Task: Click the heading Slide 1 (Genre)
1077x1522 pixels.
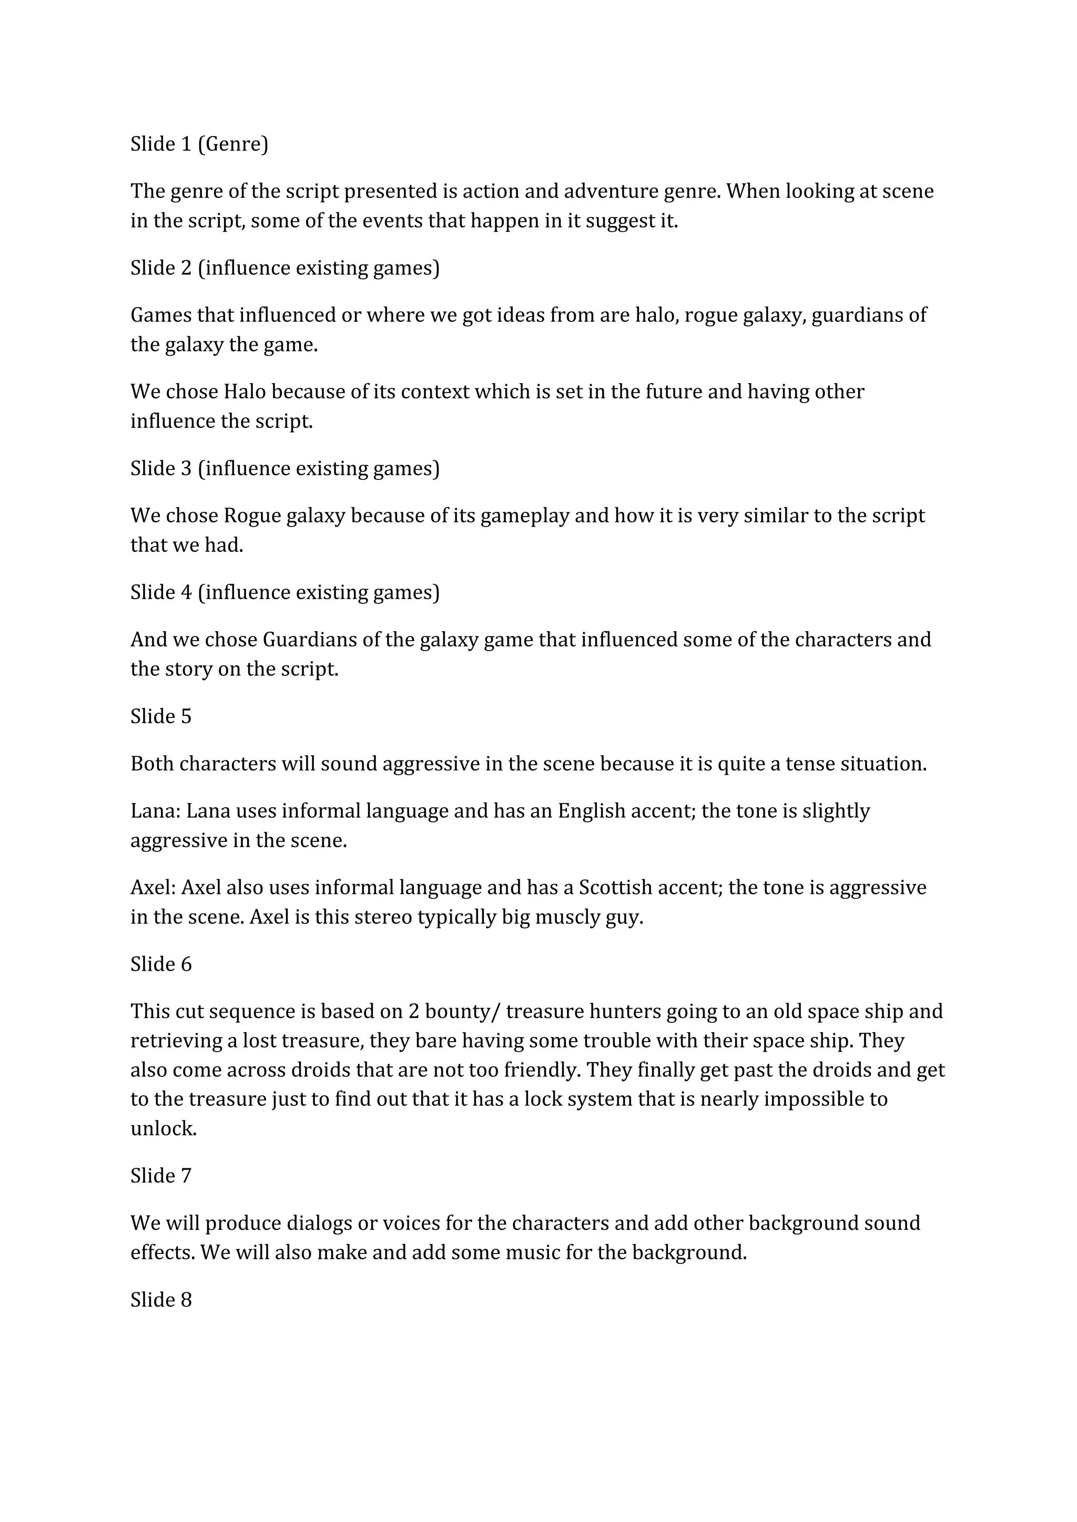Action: click(199, 144)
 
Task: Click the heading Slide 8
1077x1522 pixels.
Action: click(160, 1300)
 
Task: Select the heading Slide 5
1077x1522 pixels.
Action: click(160, 716)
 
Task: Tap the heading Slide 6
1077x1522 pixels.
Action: click(160, 964)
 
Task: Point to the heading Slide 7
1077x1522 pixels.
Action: click(160, 1176)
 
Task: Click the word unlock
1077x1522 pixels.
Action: click(163, 1129)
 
